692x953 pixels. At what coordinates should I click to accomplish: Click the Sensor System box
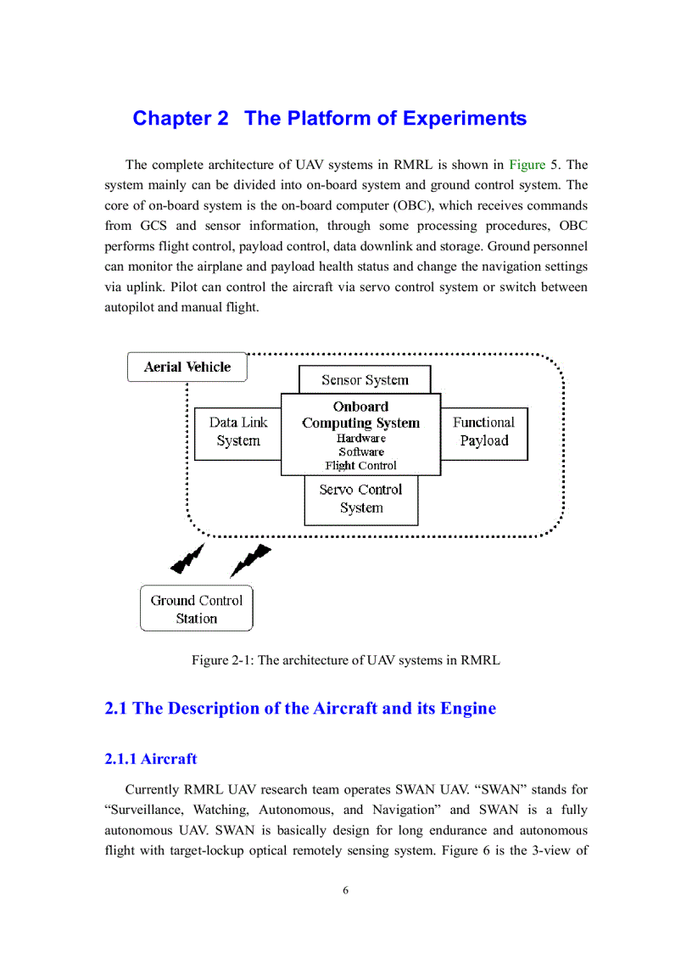365,380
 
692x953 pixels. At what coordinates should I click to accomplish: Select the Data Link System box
237,432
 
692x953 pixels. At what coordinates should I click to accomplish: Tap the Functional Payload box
483,432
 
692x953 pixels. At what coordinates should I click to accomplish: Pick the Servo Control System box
360,499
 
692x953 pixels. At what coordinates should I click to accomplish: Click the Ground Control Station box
196,608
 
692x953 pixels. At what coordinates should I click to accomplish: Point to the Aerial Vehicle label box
187,367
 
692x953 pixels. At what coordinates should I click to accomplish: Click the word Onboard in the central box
360,406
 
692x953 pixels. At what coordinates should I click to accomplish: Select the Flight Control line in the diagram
360,466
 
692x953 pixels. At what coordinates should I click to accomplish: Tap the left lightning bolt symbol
187,558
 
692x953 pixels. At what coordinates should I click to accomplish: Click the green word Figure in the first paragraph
527,165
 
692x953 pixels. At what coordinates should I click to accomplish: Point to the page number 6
346,890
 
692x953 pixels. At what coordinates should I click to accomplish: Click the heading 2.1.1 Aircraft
151,759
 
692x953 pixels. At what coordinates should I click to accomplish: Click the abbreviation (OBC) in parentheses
459,205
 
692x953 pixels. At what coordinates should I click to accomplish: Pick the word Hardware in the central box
360,439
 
